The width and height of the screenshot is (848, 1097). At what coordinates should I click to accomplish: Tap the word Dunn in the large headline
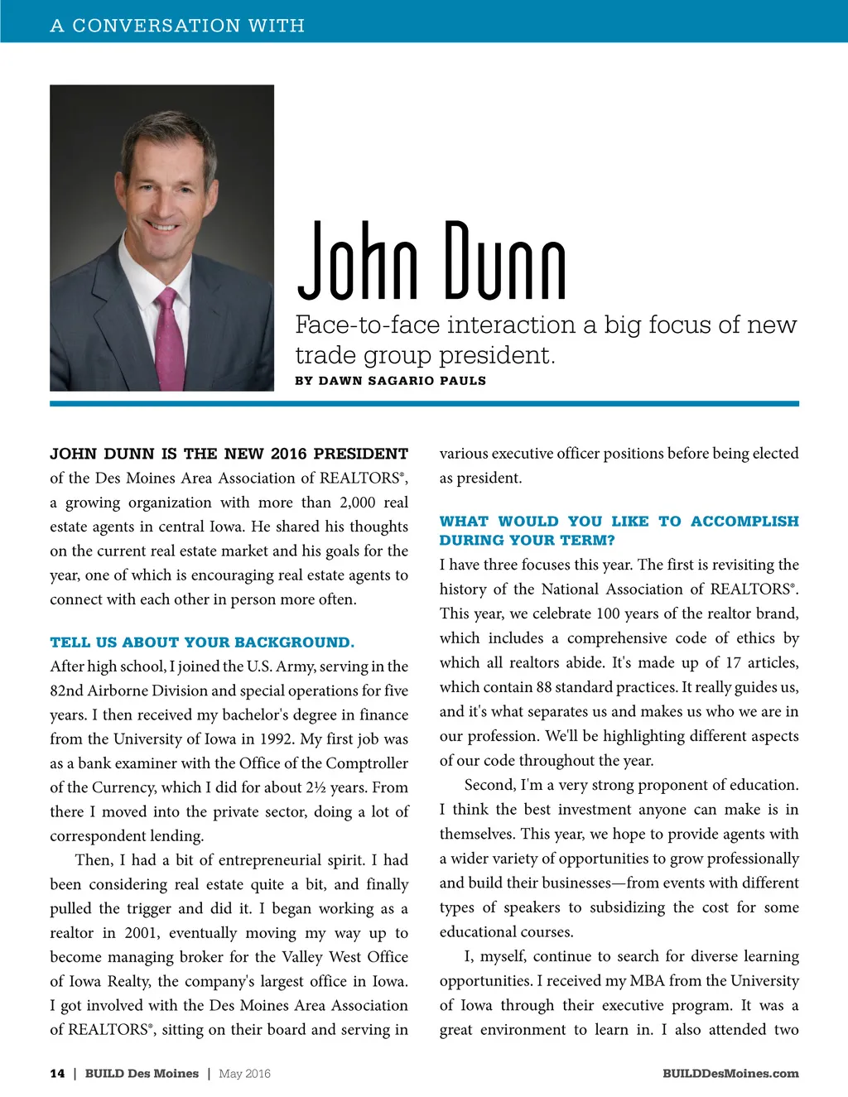(505, 262)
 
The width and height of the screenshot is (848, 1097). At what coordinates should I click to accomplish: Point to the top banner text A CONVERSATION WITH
(177, 26)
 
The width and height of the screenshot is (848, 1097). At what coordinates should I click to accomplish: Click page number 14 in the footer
(57, 1074)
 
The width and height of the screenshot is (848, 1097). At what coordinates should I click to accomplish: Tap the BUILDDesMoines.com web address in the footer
(730, 1074)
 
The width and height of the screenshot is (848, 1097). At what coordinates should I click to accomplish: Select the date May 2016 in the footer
(244, 1074)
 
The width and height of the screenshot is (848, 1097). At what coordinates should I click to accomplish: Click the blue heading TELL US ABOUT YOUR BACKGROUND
(202, 642)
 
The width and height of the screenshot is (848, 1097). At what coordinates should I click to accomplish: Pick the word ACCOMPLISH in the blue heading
(744, 522)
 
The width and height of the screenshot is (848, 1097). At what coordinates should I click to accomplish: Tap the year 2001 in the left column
(142, 933)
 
